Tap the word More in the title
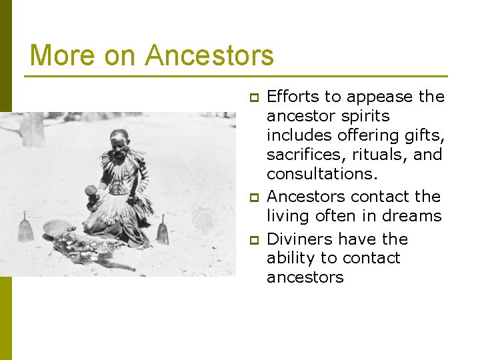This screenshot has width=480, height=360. pos(59,55)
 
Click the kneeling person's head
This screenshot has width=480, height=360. pos(120,141)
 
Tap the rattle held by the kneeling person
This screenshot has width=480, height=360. pos(91,191)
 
